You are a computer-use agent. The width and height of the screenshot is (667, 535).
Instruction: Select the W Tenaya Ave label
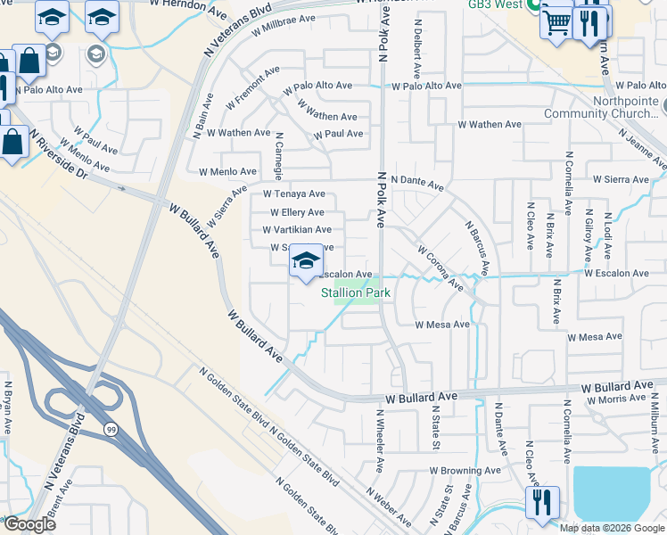[x=293, y=193]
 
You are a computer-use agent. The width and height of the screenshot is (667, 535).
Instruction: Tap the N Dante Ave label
[x=416, y=183]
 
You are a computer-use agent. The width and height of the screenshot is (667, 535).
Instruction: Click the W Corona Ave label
[x=439, y=270]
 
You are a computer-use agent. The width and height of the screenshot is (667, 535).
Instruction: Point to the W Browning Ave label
[x=465, y=470]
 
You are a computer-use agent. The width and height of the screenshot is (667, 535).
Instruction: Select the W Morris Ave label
[x=619, y=400]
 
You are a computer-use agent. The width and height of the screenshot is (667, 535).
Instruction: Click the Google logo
[x=29, y=524]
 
